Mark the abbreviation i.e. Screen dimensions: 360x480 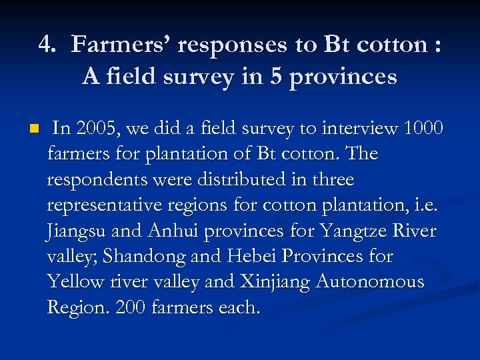point(425,205)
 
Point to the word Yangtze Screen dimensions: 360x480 point(351,231)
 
